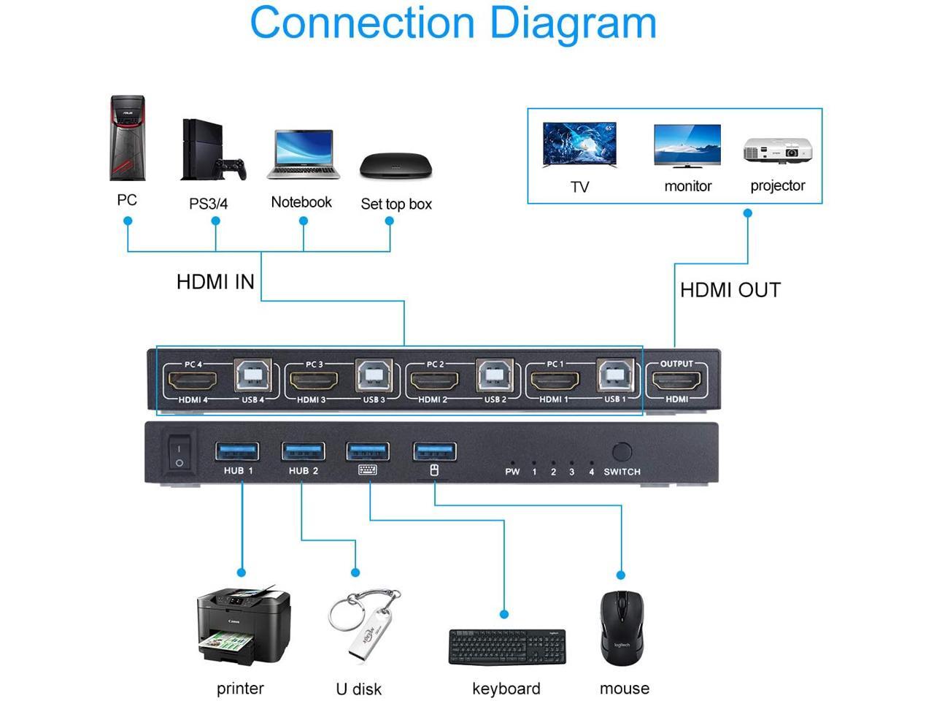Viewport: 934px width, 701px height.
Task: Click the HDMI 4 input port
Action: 193,381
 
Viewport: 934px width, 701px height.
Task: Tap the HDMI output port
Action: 676,381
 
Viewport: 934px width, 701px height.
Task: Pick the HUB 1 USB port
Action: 237,451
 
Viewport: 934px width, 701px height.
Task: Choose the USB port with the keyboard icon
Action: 368,451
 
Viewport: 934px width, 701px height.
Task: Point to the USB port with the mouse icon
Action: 435,451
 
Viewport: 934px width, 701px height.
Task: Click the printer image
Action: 242,627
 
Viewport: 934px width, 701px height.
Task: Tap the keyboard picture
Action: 506,647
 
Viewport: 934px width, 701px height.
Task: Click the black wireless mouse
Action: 622,629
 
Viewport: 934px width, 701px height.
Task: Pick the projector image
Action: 777,150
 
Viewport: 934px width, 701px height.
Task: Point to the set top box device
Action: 395,166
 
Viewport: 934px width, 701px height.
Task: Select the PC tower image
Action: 127,138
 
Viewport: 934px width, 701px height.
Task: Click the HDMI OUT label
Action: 730,290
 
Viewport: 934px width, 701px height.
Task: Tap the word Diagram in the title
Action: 573,23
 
